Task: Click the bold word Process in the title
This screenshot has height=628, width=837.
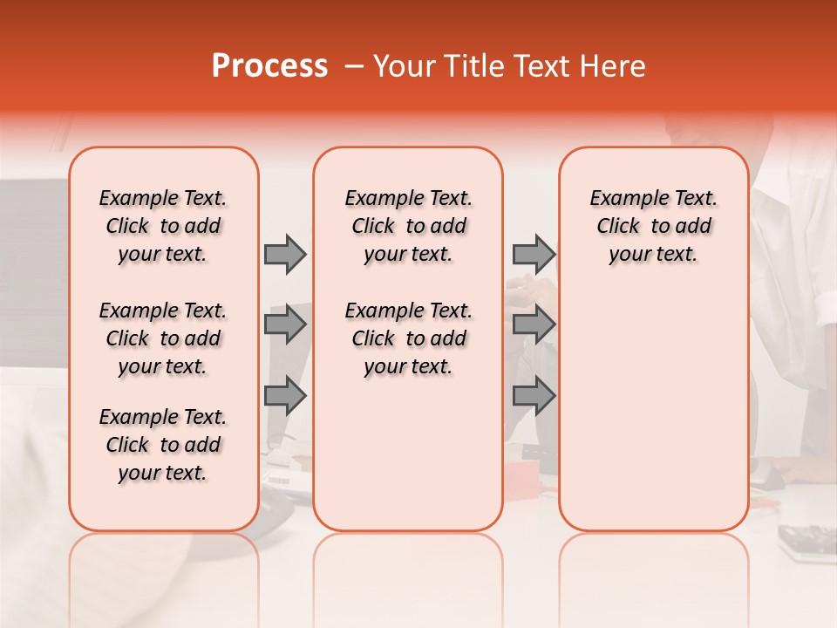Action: coord(269,66)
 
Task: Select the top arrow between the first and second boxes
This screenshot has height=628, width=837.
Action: coord(285,254)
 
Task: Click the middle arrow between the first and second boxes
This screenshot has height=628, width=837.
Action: coord(285,325)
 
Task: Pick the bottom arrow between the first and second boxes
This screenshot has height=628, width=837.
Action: coord(285,396)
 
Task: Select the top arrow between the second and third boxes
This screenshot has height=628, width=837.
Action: coord(534,254)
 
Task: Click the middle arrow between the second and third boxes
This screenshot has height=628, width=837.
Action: coord(534,325)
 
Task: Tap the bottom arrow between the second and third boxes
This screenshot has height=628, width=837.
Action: coord(534,396)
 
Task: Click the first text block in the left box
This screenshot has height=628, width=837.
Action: coord(163,226)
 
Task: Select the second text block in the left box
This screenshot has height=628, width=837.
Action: coord(163,338)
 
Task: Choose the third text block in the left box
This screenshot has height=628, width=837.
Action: coord(163,445)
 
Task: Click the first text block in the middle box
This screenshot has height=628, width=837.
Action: coord(408,226)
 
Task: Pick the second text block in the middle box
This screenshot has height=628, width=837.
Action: coord(408,338)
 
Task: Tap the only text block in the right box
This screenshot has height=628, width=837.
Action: coord(653,226)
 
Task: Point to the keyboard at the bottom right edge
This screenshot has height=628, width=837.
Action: coord(807,540)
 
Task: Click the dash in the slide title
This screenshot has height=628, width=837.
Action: coord(354,66)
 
